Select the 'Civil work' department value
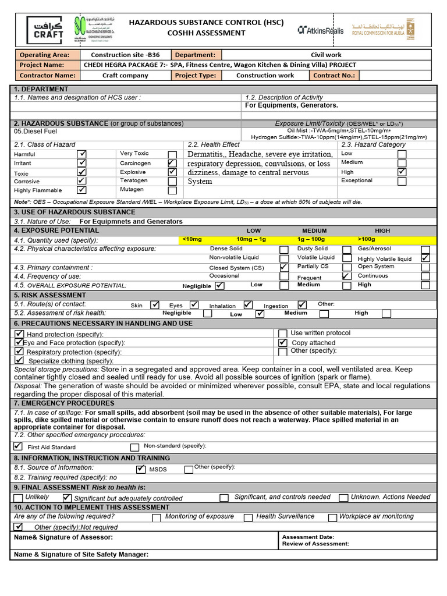[326, 55]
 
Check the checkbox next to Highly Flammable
[82, 190]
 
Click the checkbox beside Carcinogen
[172, 164]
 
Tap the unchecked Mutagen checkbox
[172, 190]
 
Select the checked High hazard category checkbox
[402, 172]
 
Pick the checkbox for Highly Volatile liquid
[425, 258]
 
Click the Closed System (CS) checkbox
[283, 267]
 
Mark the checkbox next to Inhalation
[248, 304]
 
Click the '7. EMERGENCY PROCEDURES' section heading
[65, 403]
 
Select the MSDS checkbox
[141, 469]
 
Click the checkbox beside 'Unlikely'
[19, 498]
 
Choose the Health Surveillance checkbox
[248, 517]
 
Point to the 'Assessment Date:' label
[308, 537]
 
